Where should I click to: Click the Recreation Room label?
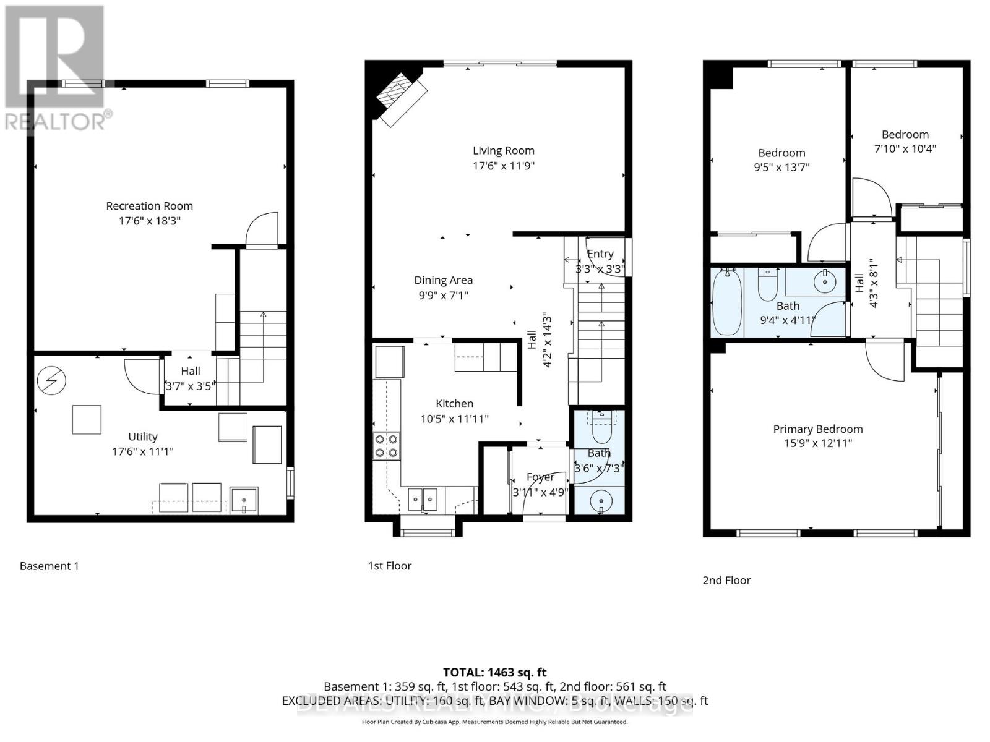[149, 206]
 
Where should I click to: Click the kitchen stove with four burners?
[386, 446]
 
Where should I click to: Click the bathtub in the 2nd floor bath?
[727, 302]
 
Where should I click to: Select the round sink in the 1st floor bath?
[600, 500]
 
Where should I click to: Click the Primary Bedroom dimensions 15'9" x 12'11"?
[817, 443]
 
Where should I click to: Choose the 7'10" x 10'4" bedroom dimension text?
[905, 149]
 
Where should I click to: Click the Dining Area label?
[443, 280]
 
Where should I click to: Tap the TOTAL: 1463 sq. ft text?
[494, 672]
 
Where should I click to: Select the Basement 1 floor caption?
[49, 566]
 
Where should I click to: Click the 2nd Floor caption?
[726, 580]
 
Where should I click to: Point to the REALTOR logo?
[56, 68]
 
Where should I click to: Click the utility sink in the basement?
[244, 499]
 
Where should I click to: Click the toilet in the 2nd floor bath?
[767, 283]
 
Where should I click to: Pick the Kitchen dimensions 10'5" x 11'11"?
[454, 419]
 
